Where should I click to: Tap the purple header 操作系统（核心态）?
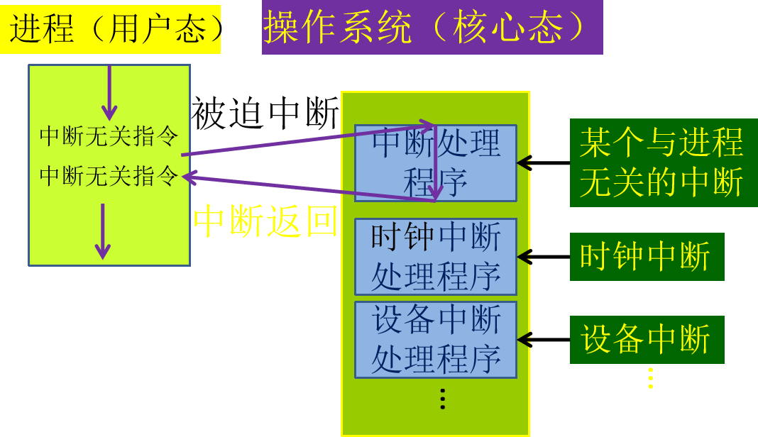pyautogui.click(x=432, y=28)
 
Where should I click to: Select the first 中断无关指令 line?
pyautogui.click(x=109, y=135)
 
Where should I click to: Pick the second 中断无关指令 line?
pyautogui.click(x=109, y=175)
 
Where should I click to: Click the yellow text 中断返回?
pyautogui.click(x=265, y=221)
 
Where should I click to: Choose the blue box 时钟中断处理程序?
pyautogui.click(x=435, y=257)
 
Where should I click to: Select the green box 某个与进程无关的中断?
pyautogui.click(x=663, y=162)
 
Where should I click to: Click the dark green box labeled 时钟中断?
pyautogui.click(x=646, y=256)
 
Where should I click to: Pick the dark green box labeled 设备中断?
pyautogui.click(x=646, y=339)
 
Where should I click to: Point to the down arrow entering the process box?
pyautogui.click(x=109, y=93)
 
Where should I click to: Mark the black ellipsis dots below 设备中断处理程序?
pyautogui.click(x=442, y=399)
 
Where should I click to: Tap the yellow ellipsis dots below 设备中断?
pyautogui.click(x=649, y=378)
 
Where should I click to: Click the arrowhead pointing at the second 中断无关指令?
pyautogui.click(x=189, y=177)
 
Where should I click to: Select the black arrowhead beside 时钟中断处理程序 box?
pyautogui.click(x=524, y=257)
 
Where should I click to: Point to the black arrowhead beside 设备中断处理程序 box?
pyautogui.click(x=524, y=340)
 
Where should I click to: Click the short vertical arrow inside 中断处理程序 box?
pyautogui.click(x=435, y=163)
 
